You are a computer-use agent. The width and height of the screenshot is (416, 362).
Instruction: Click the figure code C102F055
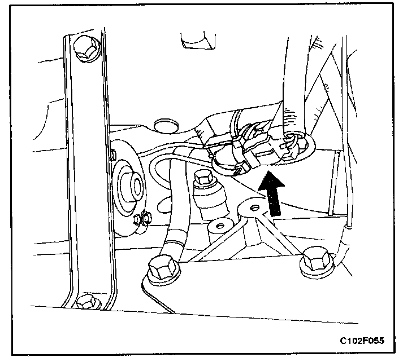tap(364, 341)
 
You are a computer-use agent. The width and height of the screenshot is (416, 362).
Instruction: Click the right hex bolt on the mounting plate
tap(314, 262)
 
